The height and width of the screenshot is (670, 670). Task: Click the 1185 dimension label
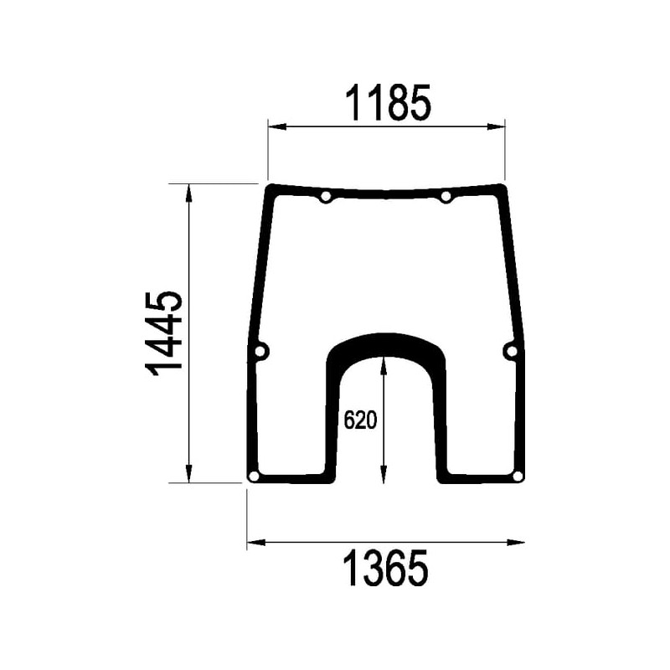click(388, 102)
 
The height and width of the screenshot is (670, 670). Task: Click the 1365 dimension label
click(385, 568)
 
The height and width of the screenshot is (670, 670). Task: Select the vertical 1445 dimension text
click(164, 334)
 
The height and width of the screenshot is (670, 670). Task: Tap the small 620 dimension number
click(360, 420)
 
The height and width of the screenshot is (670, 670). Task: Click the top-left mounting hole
click(326, 197)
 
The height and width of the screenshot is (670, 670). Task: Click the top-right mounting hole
click(446, 197)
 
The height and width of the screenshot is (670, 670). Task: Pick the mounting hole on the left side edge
click(260, 352)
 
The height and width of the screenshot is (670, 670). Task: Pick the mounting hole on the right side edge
click(512, 351)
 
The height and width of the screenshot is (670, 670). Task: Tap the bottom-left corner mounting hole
click(254, 476)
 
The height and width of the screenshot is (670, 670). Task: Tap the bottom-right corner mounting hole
click(518, 476)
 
